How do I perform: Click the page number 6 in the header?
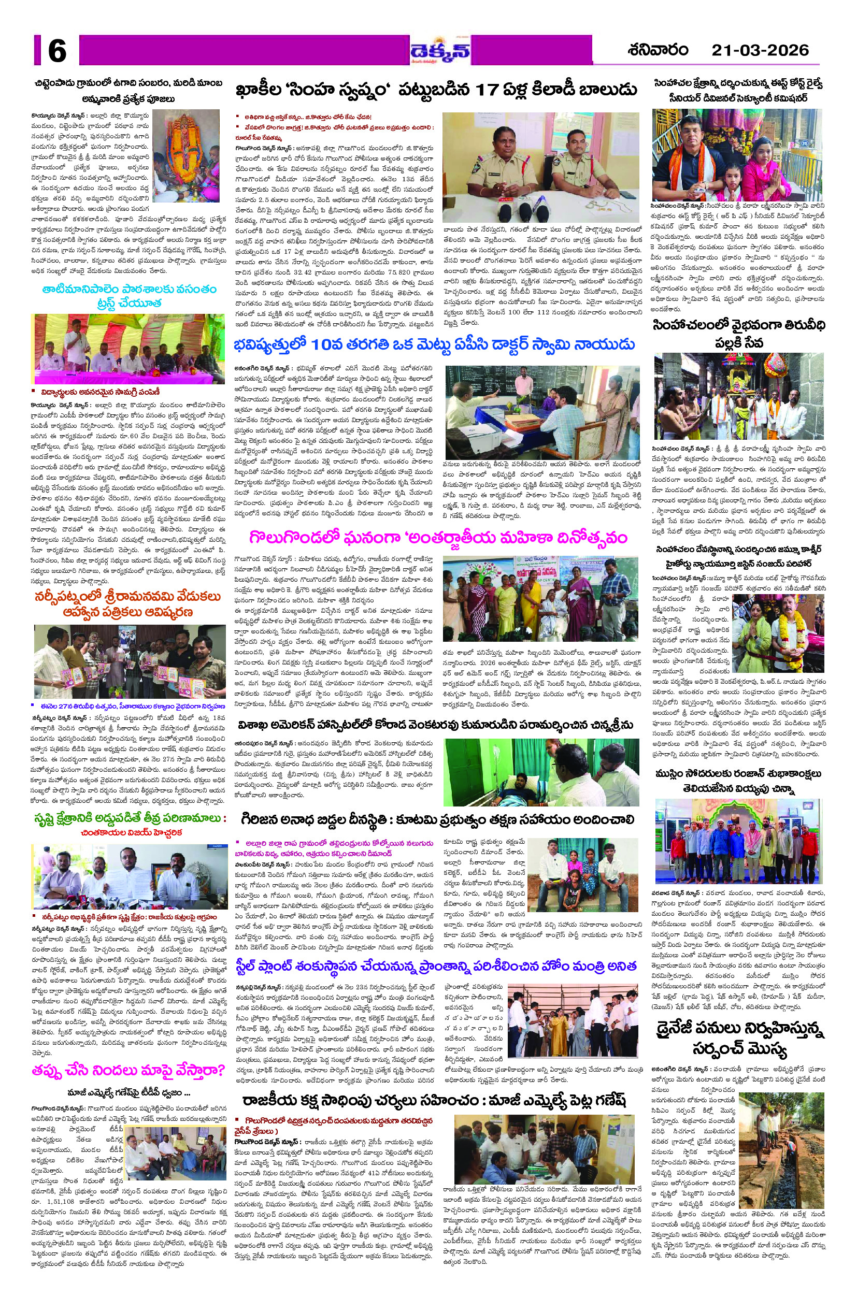pyautogui.click(x=57, y=51)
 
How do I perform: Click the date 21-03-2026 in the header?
pyautogui.click(x=759, y=50)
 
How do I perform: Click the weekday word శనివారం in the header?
pyautogui.click(x=658, y=50)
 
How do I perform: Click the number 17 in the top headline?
pyautogui.click(x=490, y=90)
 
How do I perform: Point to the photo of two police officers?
pyautogui.click(x=540, y=166)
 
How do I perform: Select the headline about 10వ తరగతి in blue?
pyautogui.click(x=434, y=345)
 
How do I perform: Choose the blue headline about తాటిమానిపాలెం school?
pyautogui.click(x=129, y=296)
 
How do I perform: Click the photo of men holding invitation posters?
pyautogui.click(x=130, y=661)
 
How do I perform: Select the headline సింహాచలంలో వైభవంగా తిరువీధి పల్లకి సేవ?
pyautogui.click(x=739, y=334)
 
